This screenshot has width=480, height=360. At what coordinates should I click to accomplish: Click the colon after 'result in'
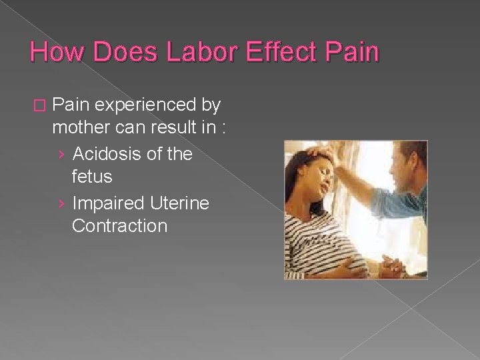tap(223, 129)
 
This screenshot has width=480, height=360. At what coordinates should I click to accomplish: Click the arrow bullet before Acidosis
tap(61, 155)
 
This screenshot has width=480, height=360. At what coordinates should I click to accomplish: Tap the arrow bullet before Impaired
tap(61, 203)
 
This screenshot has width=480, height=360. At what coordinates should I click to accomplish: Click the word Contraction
tap(119, 225)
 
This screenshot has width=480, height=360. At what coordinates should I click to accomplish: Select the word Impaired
tap(107, 202)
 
